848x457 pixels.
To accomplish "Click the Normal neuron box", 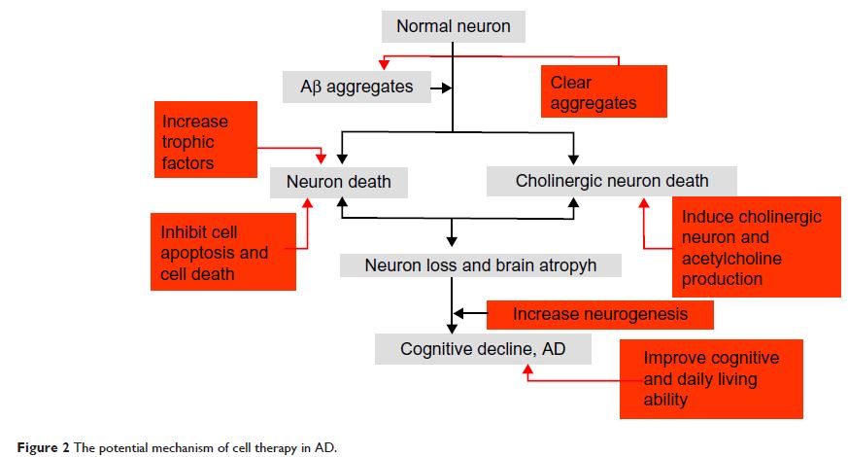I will click(x=453, y=26).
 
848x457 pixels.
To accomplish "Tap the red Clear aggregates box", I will click(x=603, y=91).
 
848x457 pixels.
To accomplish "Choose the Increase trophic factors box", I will click(x=205, y=140).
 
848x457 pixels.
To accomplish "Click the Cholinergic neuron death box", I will click(x=612, y=181).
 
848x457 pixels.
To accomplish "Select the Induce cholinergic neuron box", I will click(x=754, y=247).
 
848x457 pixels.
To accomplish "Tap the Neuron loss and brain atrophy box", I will click(x=481, y=264).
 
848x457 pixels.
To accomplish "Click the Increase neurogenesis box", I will click(x=599, y=314).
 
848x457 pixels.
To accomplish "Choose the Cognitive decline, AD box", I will click(x=483, y=349).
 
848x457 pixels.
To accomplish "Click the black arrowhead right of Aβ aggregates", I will click(x=448, y=88).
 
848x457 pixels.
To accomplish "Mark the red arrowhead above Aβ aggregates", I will click(x=383, y=64).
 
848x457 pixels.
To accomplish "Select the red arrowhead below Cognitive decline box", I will click(x=528, y=369).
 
